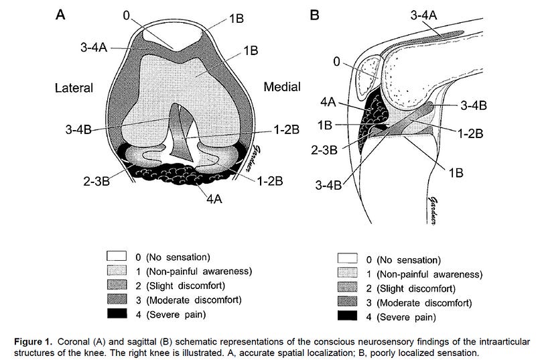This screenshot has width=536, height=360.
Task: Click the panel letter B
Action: click(315, 13)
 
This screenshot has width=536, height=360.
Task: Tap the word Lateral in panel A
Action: click(73, 88)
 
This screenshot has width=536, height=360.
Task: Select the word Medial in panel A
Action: click(282, 86)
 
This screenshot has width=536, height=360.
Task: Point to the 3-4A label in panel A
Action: click(93, 47)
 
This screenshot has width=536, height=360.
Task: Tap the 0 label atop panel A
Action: click(127, 15)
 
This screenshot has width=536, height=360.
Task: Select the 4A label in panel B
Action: click(329, 103)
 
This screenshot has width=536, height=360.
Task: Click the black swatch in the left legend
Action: click(118, 314)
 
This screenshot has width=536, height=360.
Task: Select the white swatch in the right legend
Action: click(348, 259)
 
